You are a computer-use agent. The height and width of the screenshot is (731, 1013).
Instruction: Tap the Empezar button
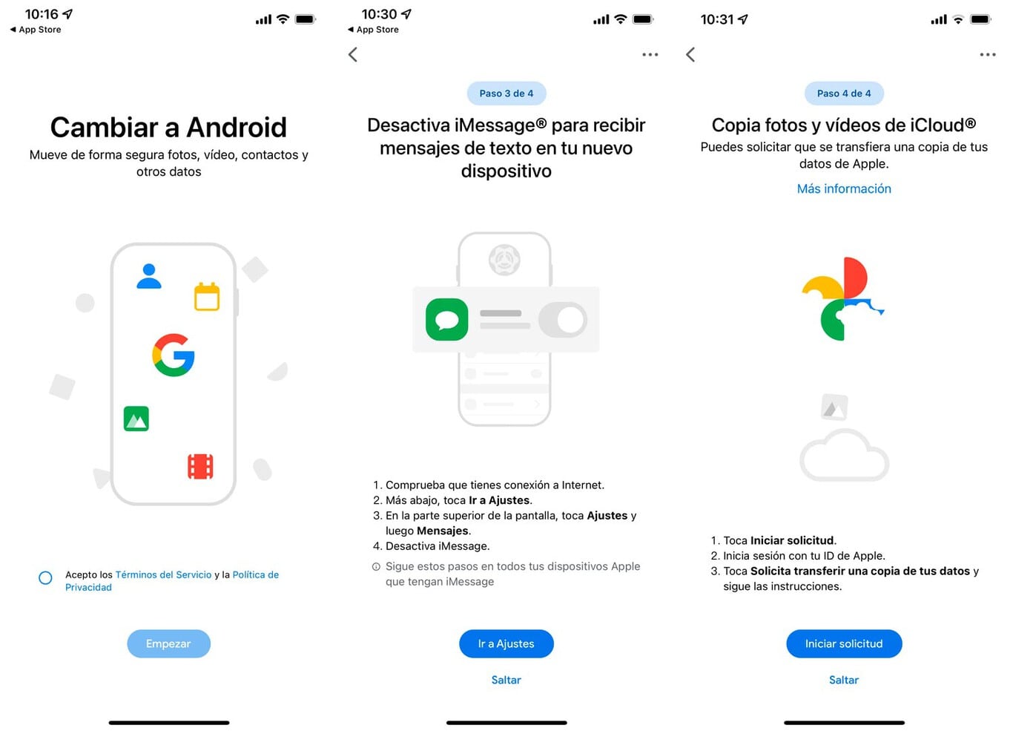click(x=168, y=643)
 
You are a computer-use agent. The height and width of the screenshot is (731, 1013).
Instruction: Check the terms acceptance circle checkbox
click(x=45, y=577)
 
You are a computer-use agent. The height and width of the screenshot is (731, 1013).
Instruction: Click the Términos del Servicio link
click(x=163, y=574)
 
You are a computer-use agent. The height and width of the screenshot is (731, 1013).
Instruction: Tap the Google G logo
click(x=174, y=355)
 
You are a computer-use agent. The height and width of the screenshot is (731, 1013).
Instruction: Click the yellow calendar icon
click(x=207, y=297)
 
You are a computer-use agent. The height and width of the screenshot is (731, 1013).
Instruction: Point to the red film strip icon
click(x=200, y=466)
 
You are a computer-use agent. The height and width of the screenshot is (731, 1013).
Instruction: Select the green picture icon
click(x=136, y=419)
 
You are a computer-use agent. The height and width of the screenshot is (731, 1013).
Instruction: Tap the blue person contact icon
click(x=149, y=276)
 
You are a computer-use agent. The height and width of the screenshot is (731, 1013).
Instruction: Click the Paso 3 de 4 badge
click(x=506, y=94)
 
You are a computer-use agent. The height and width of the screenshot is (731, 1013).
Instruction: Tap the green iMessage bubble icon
click(x=447, y=320)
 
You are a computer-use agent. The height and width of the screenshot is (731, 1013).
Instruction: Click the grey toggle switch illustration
click(x=563, y=320)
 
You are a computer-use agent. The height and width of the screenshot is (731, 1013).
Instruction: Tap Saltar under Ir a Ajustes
click(x=506, y=680)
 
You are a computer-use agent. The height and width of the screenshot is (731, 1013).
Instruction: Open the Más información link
click(x=844, y=189)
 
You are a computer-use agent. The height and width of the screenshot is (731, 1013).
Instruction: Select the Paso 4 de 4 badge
click(x=844, y=94)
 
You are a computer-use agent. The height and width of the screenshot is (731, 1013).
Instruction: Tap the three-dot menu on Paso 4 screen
click(x=987, y=54)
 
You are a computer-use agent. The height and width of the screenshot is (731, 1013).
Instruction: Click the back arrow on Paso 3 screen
click(x=353, y=54)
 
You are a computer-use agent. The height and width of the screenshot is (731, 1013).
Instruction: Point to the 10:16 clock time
click(x=42, y=14)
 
